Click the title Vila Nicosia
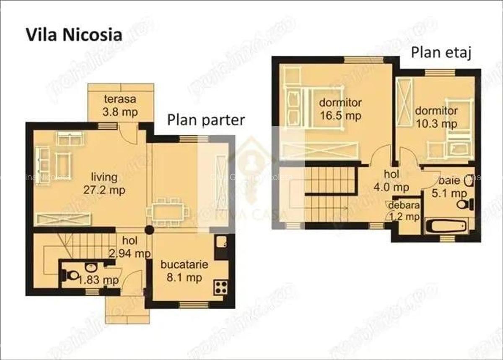tap(74, 35)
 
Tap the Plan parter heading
tap(206, 120)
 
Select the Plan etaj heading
tap(441, 53)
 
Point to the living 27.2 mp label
tap(104, 184)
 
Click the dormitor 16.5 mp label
tap(340, 109)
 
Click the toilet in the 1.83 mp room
tap(71, 275)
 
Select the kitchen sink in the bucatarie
tap(221, 243)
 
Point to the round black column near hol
tap(149, 230)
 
